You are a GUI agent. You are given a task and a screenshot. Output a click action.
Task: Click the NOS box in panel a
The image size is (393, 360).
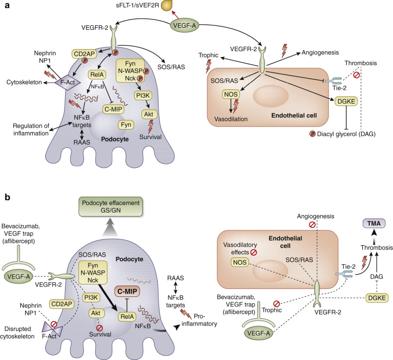click(x=230, y=94)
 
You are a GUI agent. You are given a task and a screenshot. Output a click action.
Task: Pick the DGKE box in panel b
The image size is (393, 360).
click(x=363, y=297)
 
